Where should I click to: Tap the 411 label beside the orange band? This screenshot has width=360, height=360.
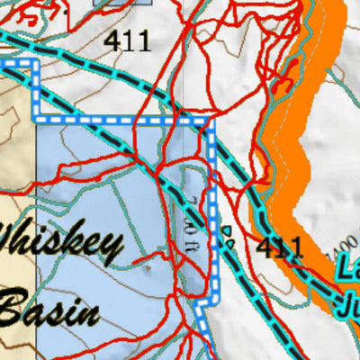278,247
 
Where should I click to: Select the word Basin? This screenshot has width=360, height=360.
50,310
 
